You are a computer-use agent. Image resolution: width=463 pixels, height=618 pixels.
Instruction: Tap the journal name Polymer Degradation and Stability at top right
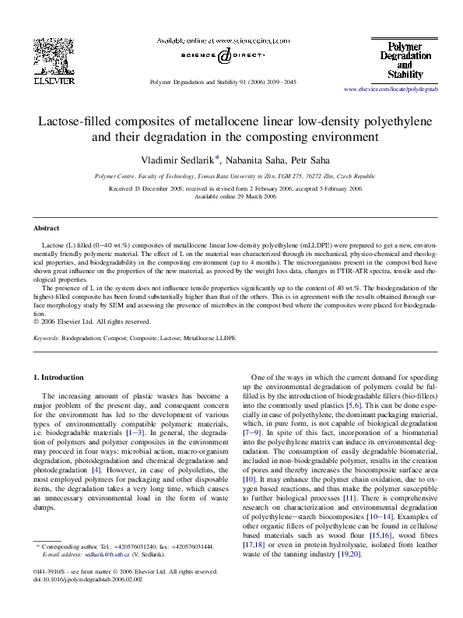(405, 61)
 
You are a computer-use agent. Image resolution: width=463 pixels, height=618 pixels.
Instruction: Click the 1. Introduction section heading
(62, 377)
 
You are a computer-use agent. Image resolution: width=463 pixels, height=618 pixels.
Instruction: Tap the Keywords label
(46, 339)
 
